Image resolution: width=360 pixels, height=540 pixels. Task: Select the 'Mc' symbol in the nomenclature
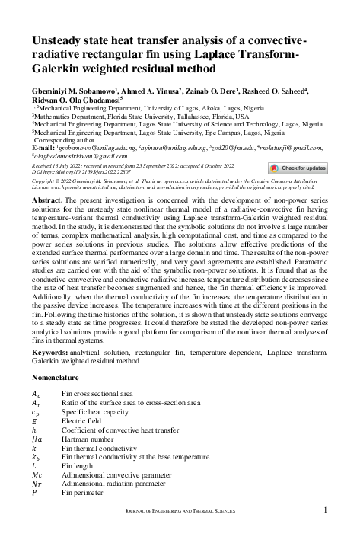pyautogui.click(x=37, y=474)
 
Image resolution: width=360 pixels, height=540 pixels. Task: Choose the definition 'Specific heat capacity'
pyautogui.click(x=97, y=411)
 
